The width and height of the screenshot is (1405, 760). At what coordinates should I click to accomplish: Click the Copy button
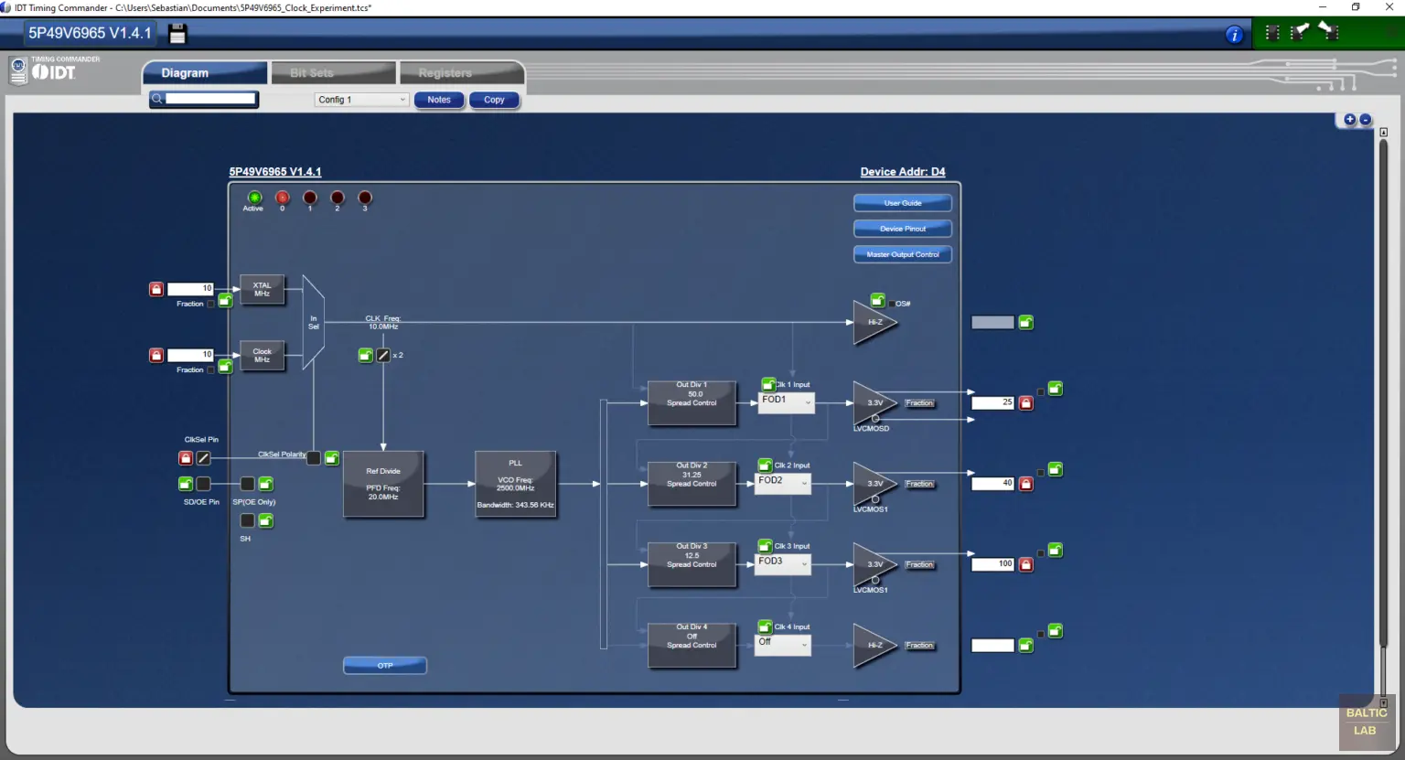tap(494, 100)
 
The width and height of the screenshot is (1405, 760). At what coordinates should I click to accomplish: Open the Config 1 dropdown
tap(361, 100)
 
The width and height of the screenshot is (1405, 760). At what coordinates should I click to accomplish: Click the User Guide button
tap(902, 203)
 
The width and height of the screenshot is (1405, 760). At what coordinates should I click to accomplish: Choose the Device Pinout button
tap(902, 229)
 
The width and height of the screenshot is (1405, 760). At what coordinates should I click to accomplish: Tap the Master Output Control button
tap(902, 254)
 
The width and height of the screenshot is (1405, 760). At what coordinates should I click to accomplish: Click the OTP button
tap(384, 665)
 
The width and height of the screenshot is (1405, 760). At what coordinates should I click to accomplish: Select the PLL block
tap(515, 484)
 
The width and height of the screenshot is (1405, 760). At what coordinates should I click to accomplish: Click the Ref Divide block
tap(383, 484)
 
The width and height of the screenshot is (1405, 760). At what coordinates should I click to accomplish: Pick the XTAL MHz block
tap(262, 290)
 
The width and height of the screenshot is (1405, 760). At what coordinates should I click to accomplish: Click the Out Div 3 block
tap(692, 563)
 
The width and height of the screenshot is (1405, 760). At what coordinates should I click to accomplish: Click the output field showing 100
tap(992, 564)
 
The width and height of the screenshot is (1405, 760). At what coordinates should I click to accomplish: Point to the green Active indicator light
tap(254, 198)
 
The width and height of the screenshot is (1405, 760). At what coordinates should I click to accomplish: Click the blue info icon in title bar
tap(1234, 35)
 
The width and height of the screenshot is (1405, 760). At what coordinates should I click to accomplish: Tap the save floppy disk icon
tap(177, 34)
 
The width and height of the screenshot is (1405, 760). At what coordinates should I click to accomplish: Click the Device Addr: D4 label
tap(902, 172)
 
